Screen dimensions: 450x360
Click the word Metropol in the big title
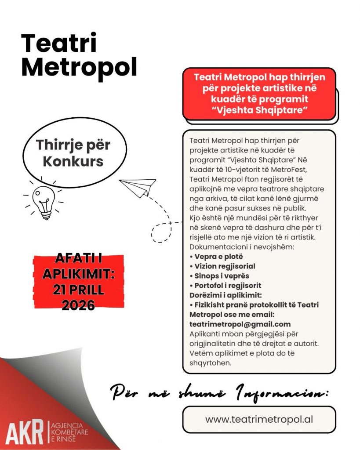click(79, 67)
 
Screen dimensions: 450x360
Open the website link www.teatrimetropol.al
click(259, 419)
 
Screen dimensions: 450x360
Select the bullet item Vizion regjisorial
click(222, 266)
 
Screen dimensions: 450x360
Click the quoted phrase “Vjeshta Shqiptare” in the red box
click(259, 110)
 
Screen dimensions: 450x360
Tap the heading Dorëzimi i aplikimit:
click(225, 295)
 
